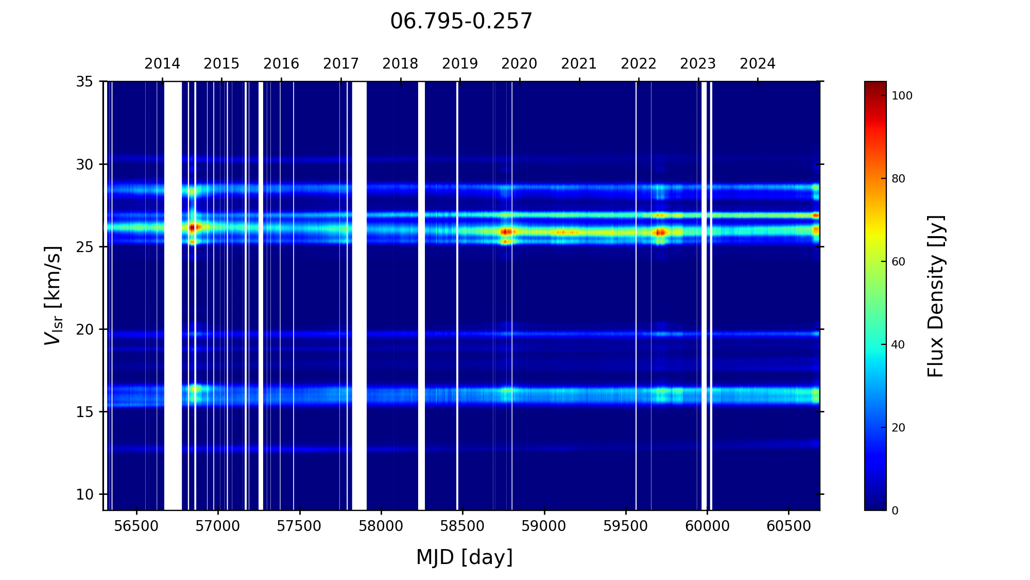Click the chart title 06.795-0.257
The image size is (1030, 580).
461,22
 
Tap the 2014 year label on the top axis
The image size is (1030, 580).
162,64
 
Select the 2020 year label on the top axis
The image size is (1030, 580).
519,64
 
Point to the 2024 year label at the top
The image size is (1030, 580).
758,64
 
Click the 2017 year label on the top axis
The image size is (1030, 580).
341,64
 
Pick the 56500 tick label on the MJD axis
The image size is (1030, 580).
136,526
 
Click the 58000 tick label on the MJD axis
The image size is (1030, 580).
381,526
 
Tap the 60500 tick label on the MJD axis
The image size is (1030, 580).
788,526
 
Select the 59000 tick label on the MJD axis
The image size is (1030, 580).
544,526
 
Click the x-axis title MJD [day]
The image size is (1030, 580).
464,557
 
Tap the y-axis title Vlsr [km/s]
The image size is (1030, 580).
53,295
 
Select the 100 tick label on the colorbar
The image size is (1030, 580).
902,96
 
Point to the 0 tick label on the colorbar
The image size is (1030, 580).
895,511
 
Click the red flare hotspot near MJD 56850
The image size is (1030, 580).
192,227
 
